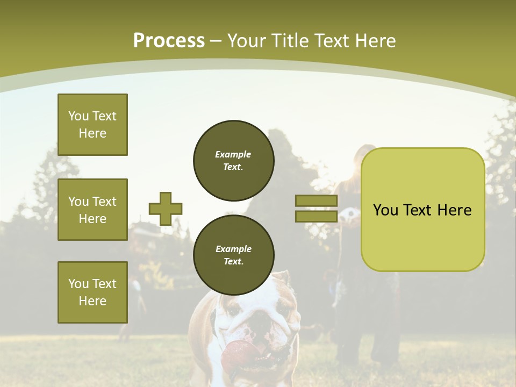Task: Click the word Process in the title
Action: (x=169, y=41)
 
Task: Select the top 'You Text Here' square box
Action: (x=92, y=125)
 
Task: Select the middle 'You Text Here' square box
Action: (x=92, y=210)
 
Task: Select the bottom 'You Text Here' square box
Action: (x=92, y=292)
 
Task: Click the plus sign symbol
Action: (x=165, y=209)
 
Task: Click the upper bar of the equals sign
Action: (x=316, y=201)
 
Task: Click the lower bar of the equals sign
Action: (x=316, y=216)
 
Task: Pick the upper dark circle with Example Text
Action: (x=233, y=160)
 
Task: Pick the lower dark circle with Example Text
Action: (x=233, y=255)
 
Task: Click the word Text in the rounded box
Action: (x=419, y=210)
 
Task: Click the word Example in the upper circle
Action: (x=233, y=154)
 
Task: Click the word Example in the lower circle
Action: (x=233, y=249)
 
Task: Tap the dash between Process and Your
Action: (x=216, y=41)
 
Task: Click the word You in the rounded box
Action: (x=385, y=210)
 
